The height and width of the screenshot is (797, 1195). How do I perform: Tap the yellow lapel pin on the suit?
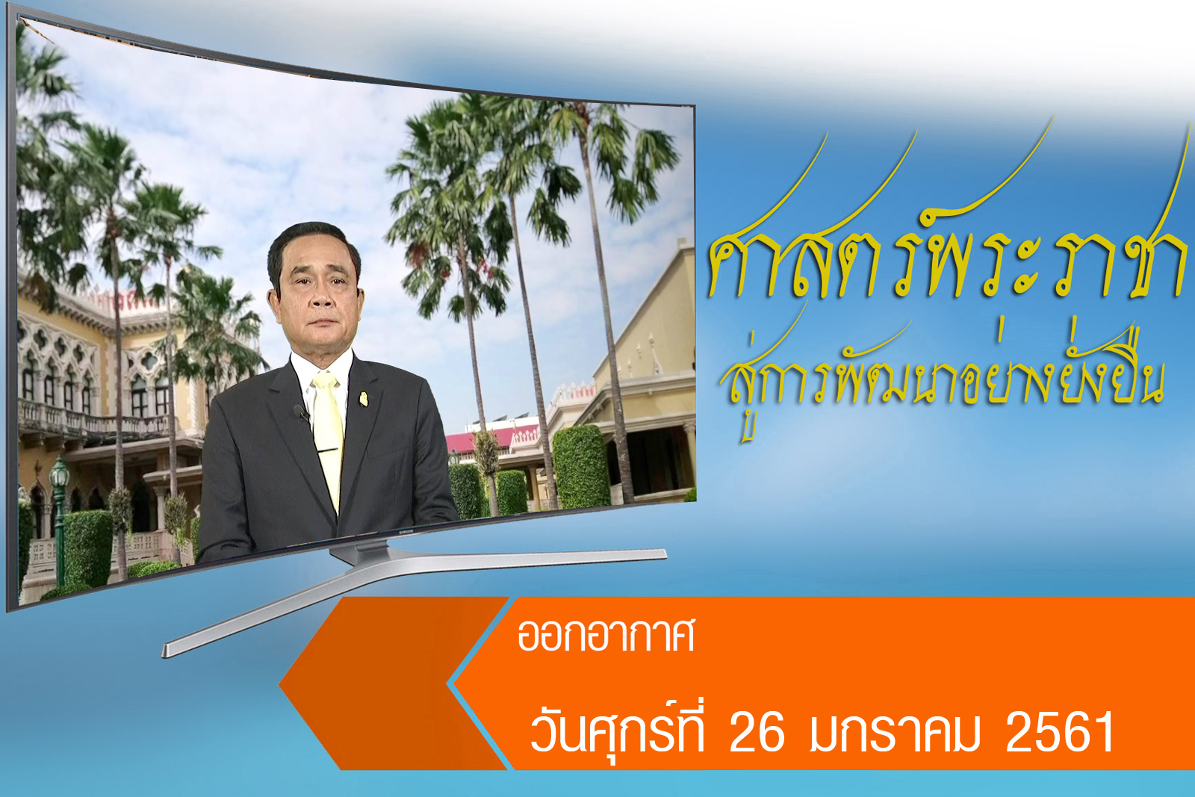(364, 399)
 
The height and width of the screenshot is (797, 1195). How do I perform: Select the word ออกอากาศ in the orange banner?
(606, 635)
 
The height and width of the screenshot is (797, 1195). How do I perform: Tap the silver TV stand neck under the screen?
(358, 553)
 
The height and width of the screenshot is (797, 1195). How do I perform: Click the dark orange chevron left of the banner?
(393, 683)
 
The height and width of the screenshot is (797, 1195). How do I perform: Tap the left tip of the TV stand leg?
(164, 651)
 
